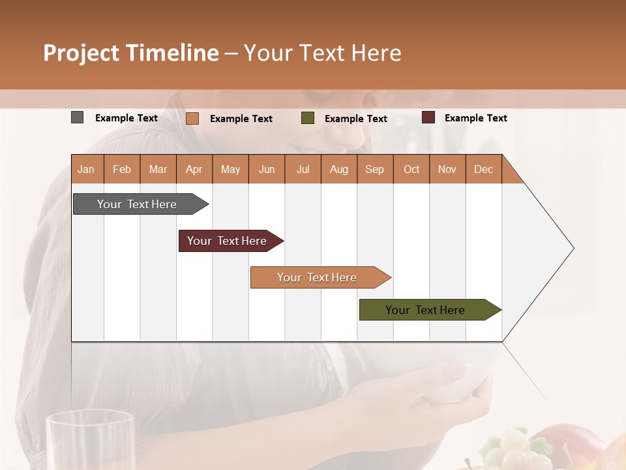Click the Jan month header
click(x=86, y=169)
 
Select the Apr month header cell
click(x=194, y=169)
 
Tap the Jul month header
click(x=303, y=169)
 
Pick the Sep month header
click(x=374, y=169)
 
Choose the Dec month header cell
click(x=483, y=169)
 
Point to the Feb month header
click(x=122, y=169)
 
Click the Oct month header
click(x=411, y=169)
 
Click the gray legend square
click(x=77, y=117)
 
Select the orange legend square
click(x=192, y=118)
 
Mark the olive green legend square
click(x=308, y=118)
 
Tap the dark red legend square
click(x=428, y=117)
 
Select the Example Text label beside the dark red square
click(x=475, y=117)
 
